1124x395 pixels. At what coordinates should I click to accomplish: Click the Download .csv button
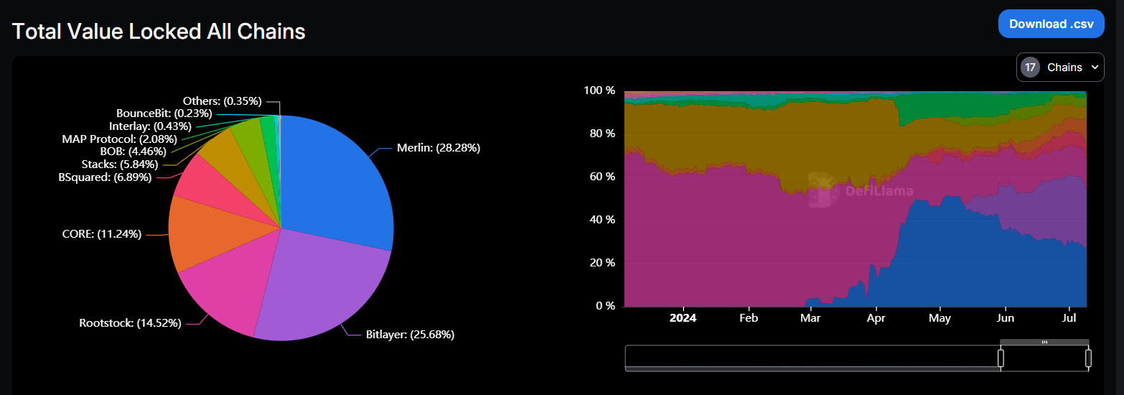1052,24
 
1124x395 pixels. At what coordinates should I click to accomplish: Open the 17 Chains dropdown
1060,68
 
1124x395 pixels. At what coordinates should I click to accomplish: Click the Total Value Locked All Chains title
159,32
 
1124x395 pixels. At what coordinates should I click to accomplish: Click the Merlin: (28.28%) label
439,148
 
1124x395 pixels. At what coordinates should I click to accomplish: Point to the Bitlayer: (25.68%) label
410,334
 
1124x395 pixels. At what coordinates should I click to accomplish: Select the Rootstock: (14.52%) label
130,322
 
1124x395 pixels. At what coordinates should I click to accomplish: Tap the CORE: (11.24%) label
102,233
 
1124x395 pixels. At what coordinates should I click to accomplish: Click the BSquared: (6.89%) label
105,177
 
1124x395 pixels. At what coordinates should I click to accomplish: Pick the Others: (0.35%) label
222,101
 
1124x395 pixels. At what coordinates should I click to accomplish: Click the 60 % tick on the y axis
600,177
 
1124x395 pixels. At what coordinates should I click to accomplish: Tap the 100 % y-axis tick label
599,90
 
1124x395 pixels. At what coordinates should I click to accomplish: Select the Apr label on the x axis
876,317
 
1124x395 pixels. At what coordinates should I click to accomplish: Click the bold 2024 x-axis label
683,317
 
